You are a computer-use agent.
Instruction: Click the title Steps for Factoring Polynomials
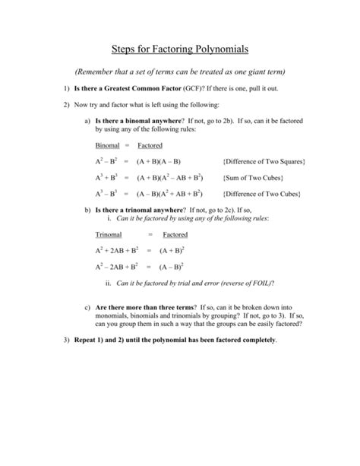pos(179,49)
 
